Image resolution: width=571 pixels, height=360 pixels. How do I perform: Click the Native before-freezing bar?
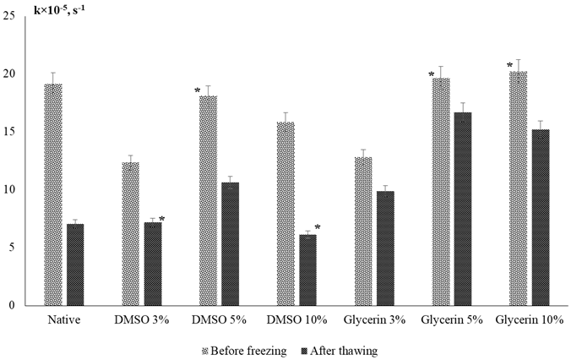pyautogui.click(x=52, y=194)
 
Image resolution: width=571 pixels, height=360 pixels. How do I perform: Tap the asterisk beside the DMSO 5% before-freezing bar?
pyautogui.click(x=197, y=91)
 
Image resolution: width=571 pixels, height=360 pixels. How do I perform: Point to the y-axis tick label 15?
pyautogui.click(x=11, y=132)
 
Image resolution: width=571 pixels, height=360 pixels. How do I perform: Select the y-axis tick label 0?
pyautogui.click(x=14, y=305)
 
